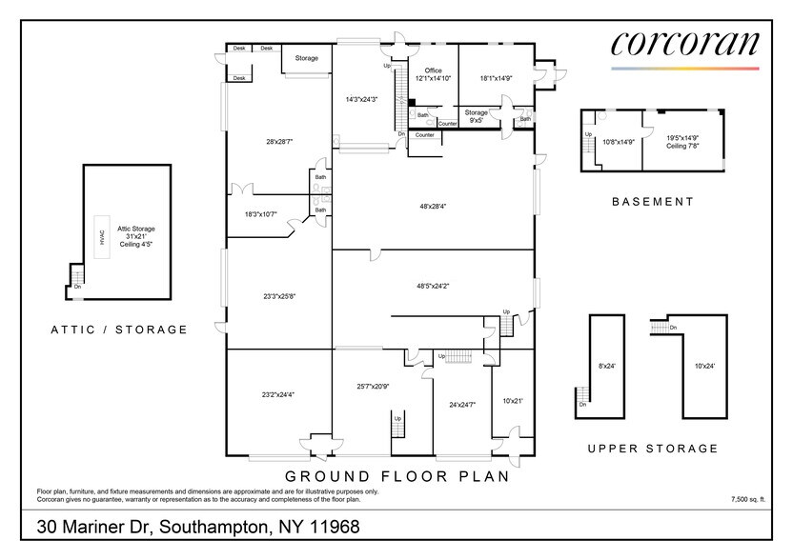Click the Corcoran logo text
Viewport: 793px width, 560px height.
pyautogui.click(x=684, y=44)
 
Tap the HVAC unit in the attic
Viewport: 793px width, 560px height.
pyautogui.click(x=98, y=238)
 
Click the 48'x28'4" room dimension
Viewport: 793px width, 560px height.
pyautogui.click(x=433, y=206)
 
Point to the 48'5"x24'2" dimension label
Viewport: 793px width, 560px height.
pyautogui.click(x=433, y=285)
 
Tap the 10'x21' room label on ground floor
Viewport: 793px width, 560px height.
pyautogui.click(x=511, y=401)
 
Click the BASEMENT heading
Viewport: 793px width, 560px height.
pyautogui.click(x=653, y=202)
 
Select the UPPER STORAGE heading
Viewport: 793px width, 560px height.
pyautogui.click(x=653, y=448)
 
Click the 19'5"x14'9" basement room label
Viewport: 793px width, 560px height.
pyautogui.click(x=682, y=141)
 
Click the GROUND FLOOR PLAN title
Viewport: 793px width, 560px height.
pyautogui.click(x=396, y=476)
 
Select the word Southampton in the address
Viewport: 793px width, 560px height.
pyautogui.click(x=218, y=527)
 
